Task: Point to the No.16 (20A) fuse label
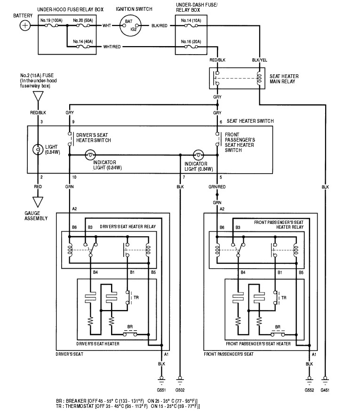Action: pos(192,42)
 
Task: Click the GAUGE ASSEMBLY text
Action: pos(36,215)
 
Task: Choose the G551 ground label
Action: pos(162,390)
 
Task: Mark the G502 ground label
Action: pos(180,390)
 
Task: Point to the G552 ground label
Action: pos(309,390)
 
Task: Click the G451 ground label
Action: pos(326,390)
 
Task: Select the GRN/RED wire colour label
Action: pos(217,187)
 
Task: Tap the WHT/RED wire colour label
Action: pos(112,47)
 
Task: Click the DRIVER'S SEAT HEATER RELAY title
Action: pos(128,226)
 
